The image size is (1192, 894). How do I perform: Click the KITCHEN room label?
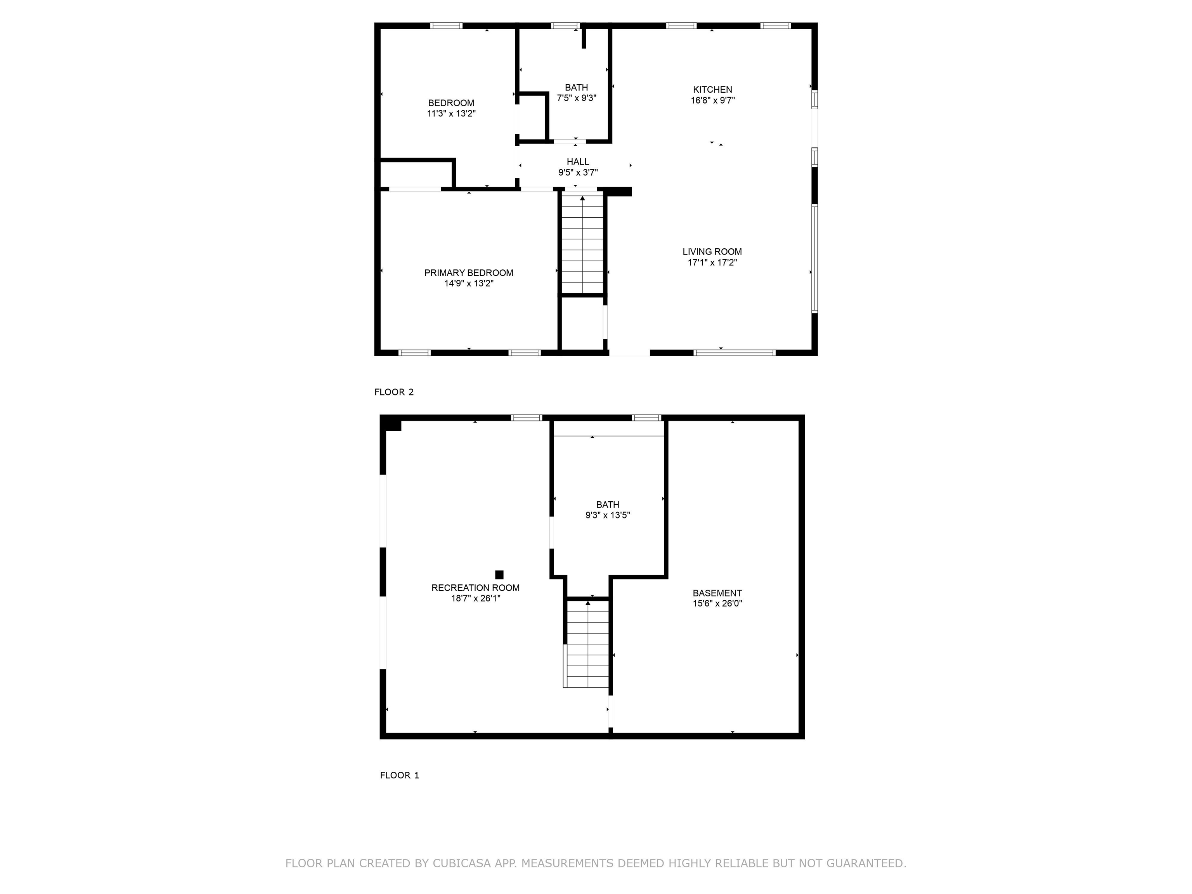(x=712, y=90)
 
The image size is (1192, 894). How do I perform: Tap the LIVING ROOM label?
(x=712, y=252)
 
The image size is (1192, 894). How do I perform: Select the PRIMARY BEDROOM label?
(x=468, y=273)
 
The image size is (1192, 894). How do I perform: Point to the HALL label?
(x=578, y=162)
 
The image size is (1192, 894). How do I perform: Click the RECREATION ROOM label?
(x=475, y=588)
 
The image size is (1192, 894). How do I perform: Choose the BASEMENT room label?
(x=717, y=593)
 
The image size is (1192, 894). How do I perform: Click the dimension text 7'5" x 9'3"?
(x=576, y=98)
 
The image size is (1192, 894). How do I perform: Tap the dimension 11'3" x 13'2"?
(x=451, y=114)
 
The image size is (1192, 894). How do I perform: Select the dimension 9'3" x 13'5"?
(x=607, y=515)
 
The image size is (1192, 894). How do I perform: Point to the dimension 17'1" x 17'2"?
(x=712, y=262)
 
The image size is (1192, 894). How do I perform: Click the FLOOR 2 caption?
(x=394, y=392)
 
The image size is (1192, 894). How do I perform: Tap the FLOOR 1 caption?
(x=399, y=775)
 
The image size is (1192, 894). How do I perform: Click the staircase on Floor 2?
(x=582, y=244)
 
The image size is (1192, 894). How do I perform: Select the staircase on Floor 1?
(x=587, y=644)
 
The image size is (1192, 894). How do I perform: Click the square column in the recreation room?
(x=499, y=574)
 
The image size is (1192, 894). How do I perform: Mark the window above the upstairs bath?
(x=565, y=25)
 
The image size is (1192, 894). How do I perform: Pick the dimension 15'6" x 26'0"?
(x=717, y=603)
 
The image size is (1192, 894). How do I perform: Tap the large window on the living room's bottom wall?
(x=734, y=353)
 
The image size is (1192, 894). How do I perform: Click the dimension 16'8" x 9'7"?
(x=712, y=100)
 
